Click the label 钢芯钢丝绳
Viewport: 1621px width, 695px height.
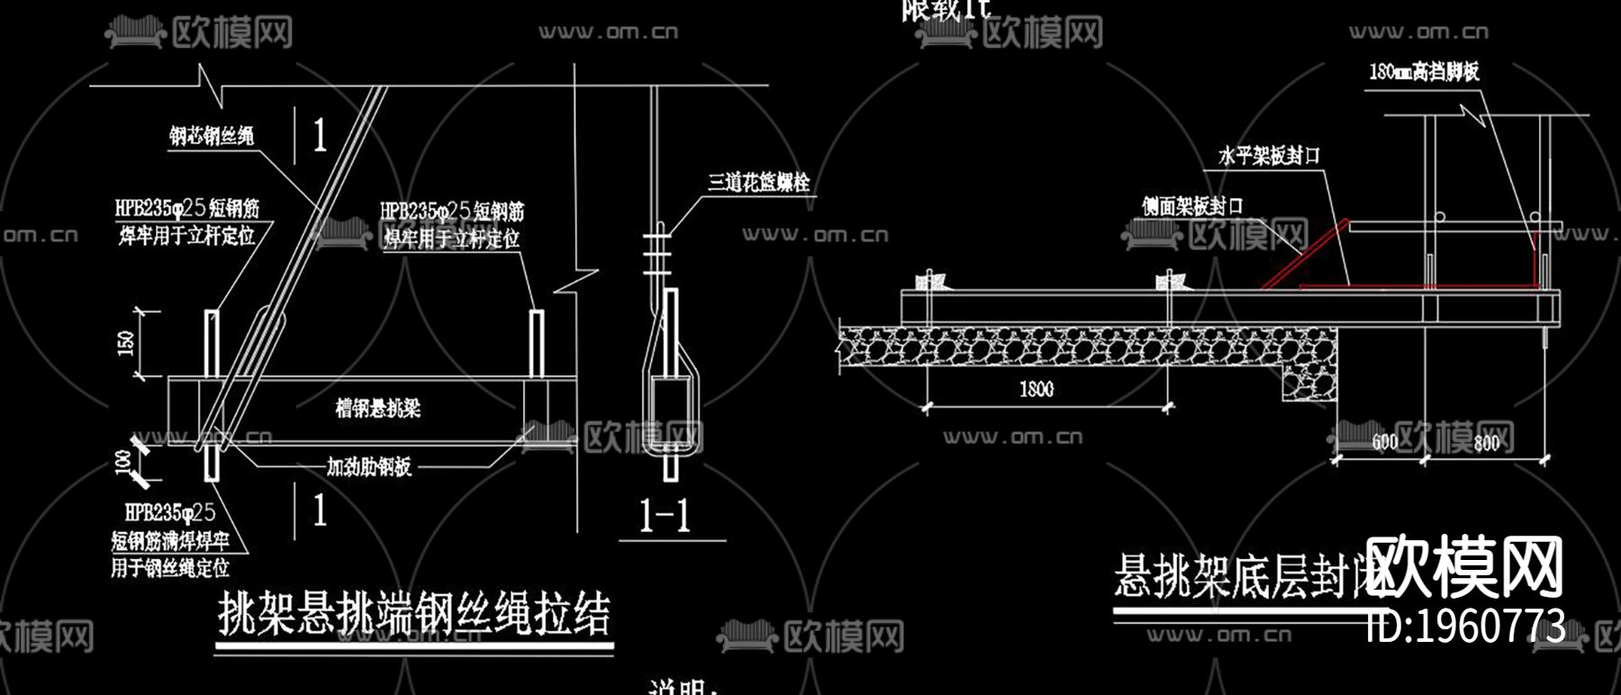click(212, 136)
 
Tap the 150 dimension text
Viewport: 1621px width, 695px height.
click(126, 342)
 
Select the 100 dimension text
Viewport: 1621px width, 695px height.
click(123, 461)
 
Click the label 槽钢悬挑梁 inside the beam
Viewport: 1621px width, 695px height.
click(377, 409)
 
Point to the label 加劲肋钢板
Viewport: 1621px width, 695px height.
click(368, 466)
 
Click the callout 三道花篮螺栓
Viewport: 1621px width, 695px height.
click(758, 183)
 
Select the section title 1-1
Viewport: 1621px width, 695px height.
click(664, 516)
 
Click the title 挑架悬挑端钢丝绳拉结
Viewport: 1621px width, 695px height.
click(414, 615)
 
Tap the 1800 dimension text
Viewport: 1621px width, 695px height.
click(1036, 389)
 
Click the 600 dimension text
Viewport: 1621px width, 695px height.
click(1384, 441)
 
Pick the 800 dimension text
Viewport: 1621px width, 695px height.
click(1486, 441)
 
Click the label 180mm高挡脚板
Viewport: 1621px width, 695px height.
click(1424, 72)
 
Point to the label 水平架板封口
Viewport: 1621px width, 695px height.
click(1269, 156)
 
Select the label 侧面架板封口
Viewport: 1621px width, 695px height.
click(1192, 207)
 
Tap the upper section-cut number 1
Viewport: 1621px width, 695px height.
click(320, 136)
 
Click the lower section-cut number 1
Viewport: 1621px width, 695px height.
click(320, 510)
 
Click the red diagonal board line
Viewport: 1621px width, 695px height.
click(1304, 255)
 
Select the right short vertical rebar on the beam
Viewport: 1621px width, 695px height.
click(536, 343)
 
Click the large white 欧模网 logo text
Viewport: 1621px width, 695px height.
click(1464, 567)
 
